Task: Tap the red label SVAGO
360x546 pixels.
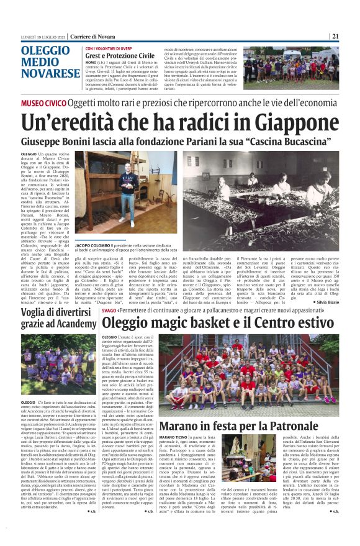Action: (109, 309)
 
